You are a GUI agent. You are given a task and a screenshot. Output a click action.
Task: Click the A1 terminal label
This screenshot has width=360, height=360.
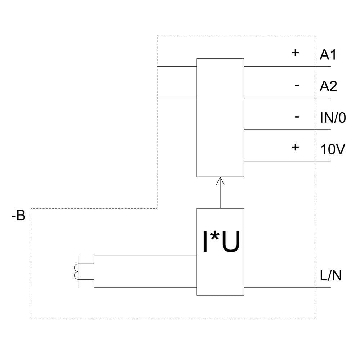point(328,55)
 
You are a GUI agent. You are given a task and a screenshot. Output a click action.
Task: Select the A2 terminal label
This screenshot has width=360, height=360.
point(328,86)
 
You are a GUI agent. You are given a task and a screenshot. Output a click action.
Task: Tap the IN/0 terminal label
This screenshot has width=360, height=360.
point(333,118)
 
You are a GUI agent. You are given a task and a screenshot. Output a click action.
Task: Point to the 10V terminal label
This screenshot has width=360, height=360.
point(332,149)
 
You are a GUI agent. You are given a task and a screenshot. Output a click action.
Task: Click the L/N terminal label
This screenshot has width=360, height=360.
point(330,276)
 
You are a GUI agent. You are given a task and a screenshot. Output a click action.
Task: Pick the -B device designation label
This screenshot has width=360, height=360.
point(18,216)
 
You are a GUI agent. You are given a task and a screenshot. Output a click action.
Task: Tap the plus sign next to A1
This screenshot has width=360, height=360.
point(295,53)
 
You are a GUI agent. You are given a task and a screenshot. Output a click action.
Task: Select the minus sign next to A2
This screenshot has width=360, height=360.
point(297,85)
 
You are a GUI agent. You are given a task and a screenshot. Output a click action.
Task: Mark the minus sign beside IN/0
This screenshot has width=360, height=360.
point(297,117)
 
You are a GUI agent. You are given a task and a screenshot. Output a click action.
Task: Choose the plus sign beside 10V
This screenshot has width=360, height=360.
point(295,147)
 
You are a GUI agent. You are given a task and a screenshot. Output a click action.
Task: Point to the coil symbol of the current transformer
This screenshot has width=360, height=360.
point(76,272)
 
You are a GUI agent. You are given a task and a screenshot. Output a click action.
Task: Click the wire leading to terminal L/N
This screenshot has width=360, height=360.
point(281,287)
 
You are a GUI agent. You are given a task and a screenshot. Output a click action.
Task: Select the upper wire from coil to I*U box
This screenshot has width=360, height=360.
point(144,256)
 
